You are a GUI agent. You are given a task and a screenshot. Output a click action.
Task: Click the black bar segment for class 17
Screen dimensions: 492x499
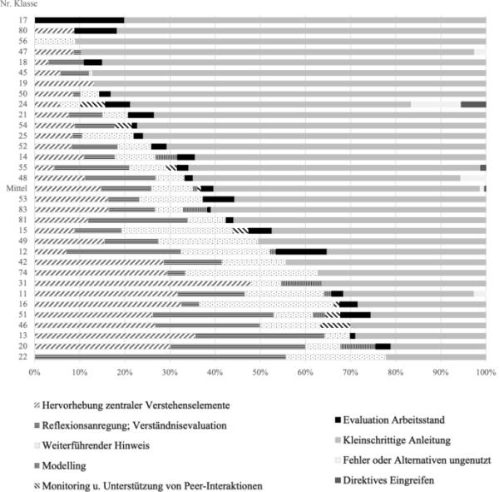click(x=79, y=20)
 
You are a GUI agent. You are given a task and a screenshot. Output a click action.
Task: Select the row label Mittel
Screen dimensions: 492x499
click(x=17, y=189)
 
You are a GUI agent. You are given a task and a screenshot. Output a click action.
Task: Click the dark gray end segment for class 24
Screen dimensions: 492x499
click(x=473, y=104)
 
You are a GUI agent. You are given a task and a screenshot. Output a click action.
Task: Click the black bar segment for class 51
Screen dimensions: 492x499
click(x=355, y=315)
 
